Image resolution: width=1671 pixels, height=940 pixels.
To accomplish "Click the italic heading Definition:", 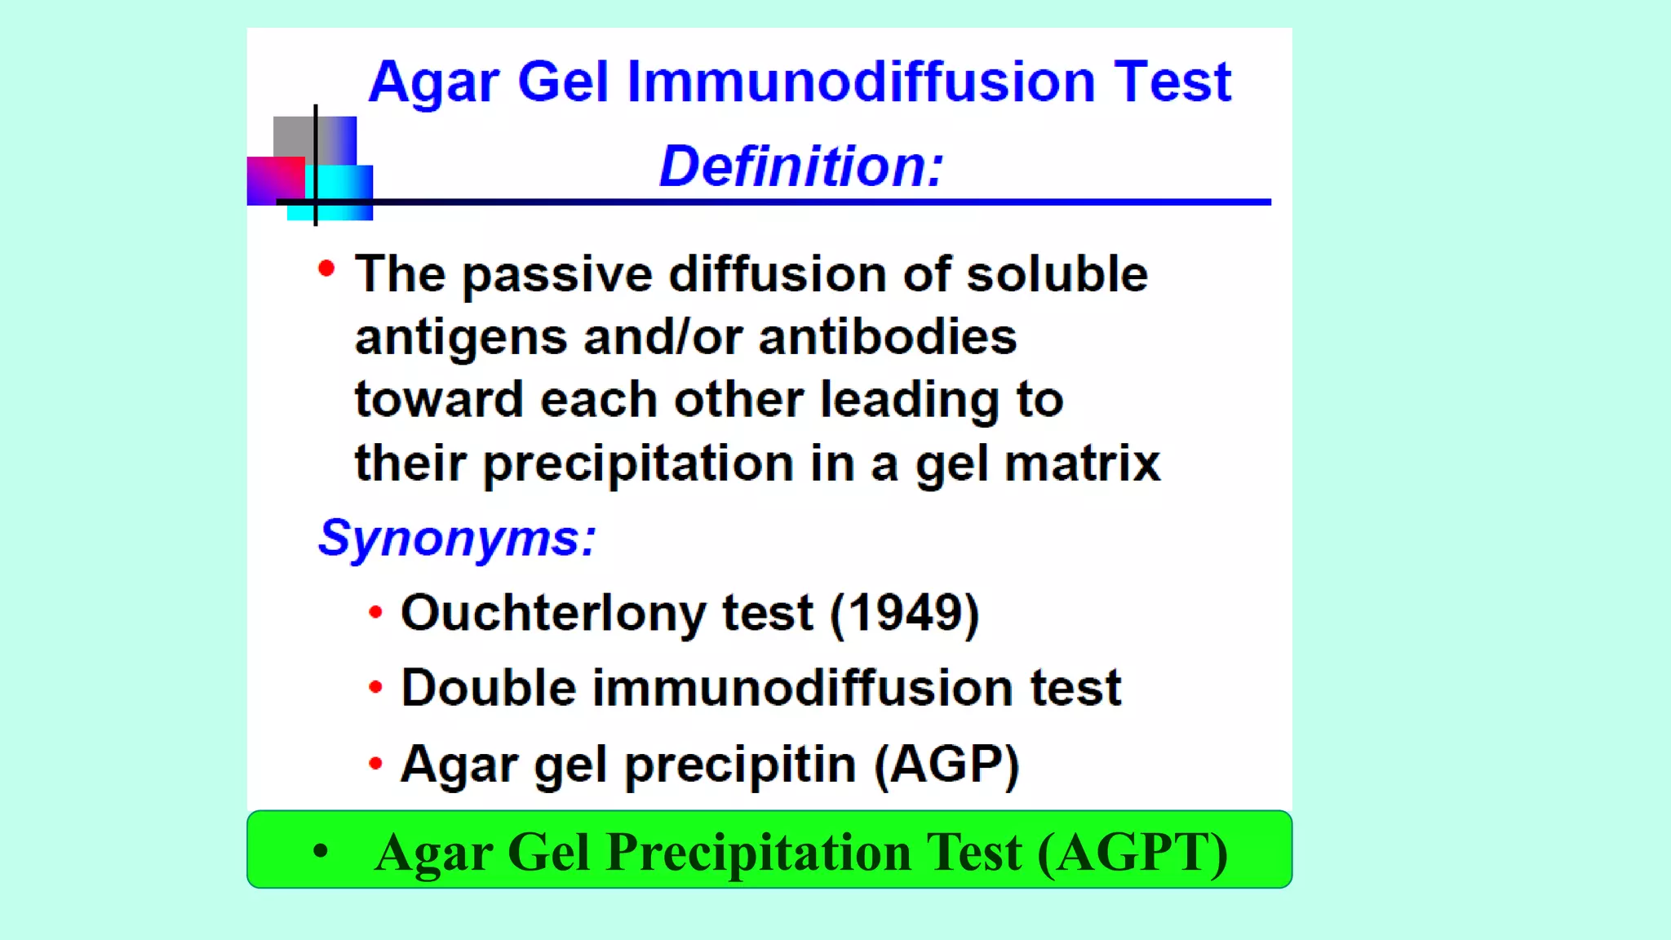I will (x=801, y=166).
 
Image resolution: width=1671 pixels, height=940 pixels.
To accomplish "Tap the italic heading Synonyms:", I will (x=457, y=539).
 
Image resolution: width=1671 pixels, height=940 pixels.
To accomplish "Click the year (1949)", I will (x=904, y=613).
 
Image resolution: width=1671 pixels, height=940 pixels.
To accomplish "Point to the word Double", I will (x=490, y=688).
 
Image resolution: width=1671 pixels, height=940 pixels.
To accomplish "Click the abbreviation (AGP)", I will (x=946, y=765).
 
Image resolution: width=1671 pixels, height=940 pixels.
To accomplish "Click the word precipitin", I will (x=741, y=765).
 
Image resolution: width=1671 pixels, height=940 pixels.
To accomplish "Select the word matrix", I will (x=1082, y=463).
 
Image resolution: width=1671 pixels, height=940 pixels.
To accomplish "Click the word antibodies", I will (x=888, y=337).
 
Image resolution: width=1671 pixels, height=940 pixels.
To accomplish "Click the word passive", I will (x=557, y=274).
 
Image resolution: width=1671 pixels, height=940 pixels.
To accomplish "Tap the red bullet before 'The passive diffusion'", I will (x=326, y=268).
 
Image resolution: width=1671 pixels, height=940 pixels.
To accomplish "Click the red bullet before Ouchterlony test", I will (x=375, y=612).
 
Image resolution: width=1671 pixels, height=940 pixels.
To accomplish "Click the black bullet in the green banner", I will (x=321, y=851).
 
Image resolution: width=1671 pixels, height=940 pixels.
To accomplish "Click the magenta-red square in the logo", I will (x=274, y=178).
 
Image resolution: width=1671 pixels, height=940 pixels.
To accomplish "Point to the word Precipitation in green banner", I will (x=759, y=853).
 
